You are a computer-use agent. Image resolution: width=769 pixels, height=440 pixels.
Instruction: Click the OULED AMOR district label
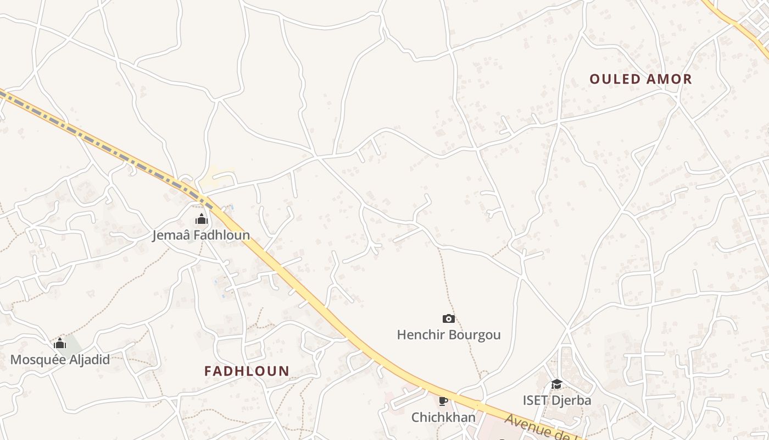coord(640,79)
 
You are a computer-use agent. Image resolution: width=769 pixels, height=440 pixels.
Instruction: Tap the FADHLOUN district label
coord(247,371)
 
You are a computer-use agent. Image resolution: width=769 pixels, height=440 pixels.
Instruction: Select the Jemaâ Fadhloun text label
coord(201,235)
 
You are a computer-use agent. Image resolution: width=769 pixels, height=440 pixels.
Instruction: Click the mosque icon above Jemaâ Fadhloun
coord(202,219)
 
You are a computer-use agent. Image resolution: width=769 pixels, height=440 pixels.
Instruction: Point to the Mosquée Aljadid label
coord(60,360)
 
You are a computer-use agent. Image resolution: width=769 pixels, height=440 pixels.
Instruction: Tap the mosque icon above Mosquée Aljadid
coord(60,344)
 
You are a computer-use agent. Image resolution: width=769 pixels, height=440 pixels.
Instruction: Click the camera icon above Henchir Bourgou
coord(449,318)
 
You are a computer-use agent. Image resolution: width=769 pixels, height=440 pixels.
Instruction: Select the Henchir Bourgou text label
coord(449,334)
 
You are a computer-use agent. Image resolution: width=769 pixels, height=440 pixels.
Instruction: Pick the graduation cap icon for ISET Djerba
coord(556,384)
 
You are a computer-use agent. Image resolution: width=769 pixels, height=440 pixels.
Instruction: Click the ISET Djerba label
coord(556,400)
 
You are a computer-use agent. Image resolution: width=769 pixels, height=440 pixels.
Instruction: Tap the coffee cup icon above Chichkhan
coord(443,401)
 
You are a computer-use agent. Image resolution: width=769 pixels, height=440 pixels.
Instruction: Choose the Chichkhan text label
coord(443,417)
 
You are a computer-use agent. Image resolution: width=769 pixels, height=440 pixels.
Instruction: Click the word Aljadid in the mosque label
coord(86,360)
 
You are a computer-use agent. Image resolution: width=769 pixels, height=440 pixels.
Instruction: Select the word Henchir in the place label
coord(419,334)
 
